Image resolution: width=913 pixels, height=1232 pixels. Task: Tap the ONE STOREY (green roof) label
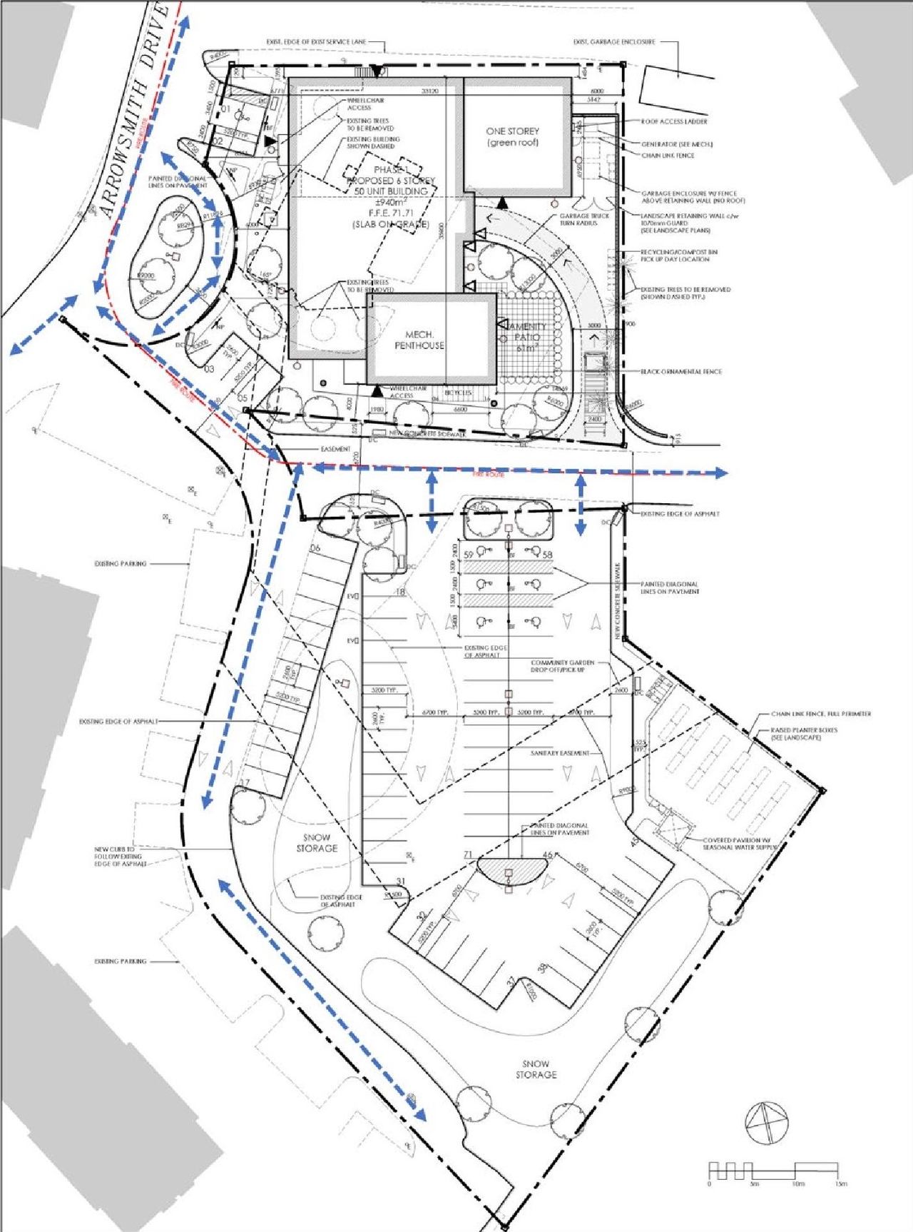coord(512,137)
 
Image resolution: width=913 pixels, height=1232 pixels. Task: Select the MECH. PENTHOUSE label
coord(419,340)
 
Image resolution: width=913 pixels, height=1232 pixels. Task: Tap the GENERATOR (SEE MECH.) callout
coord(676,144)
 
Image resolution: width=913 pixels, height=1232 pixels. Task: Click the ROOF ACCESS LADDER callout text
coord(674,121)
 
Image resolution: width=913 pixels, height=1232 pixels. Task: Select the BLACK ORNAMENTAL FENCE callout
coord(681,372)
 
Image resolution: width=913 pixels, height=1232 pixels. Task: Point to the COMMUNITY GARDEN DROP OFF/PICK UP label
coord(562,666)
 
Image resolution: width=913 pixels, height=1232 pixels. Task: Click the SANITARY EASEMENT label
coord(560,753)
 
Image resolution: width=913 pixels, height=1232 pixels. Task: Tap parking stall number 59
coord(469,555)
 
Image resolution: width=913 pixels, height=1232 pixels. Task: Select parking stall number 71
coord(468,854)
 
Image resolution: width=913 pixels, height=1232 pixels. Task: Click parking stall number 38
coord(543,969)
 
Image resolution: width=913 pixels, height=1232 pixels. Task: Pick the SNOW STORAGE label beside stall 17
coord(317,843)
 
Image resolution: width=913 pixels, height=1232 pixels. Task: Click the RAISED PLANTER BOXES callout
coord(804,734)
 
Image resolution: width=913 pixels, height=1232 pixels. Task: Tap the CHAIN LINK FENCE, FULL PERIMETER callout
coord(820,714)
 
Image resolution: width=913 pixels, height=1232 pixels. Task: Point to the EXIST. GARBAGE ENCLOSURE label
coord(613,42)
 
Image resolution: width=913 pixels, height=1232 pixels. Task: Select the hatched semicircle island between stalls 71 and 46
coord(512,869)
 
